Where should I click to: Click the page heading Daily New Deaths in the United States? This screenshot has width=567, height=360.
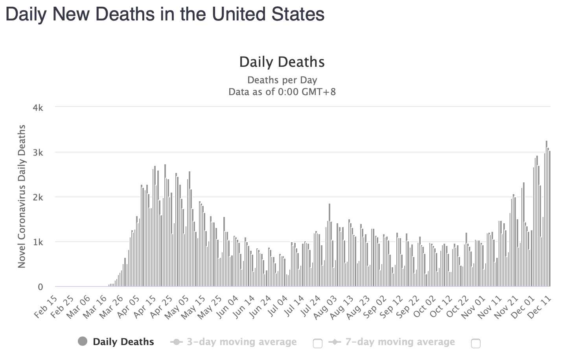pyautogui.click(x=165, y=15)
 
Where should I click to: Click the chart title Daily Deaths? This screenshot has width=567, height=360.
pyautogui.click(x=282, y=62)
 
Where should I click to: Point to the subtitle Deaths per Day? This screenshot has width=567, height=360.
pyautogui.click(x=282, y=80)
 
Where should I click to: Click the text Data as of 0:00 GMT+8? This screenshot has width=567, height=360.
pyautogui.click(x=282, y=92)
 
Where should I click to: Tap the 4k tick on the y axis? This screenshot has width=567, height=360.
pyautogui.click(x=38, y=108)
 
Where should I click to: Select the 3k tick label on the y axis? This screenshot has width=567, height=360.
pyautogui.click(x=38, y=152)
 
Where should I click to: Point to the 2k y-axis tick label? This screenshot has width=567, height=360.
pyautogui.click(x=38, y=197)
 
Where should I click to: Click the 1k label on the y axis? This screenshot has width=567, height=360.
pyautogui.click(x=38, y=242)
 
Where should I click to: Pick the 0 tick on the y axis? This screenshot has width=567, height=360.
pyautogui.click(x=40, y=287)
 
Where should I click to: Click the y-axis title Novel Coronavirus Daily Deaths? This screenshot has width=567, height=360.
pyautogui.click(x=22, y=197)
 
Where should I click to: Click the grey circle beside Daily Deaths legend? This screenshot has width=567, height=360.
pyautogui.click(x=83, y=342)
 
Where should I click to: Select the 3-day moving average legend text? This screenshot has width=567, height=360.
pyautogui.click(x=241, y=342)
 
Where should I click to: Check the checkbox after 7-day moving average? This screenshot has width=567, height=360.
pyautogui.click(x=475, y=343)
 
